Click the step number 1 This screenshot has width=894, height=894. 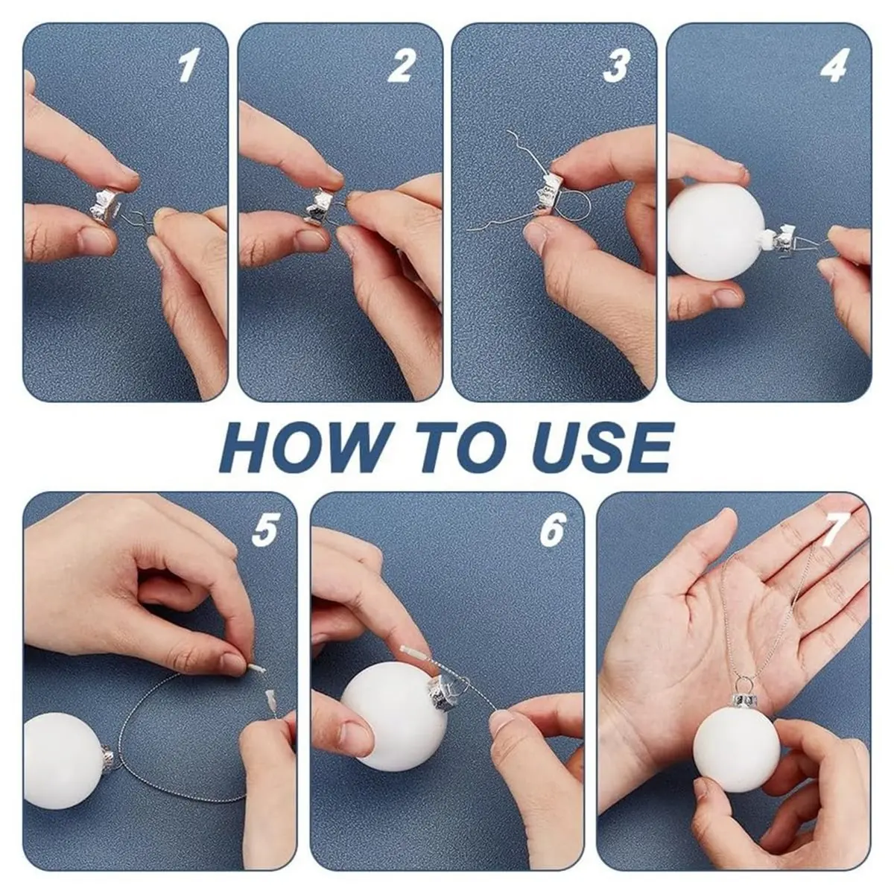pos(188,67)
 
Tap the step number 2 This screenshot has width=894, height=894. pos(402,67)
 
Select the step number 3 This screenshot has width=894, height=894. pos(616,67)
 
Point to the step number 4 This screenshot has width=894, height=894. pos(834,67)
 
